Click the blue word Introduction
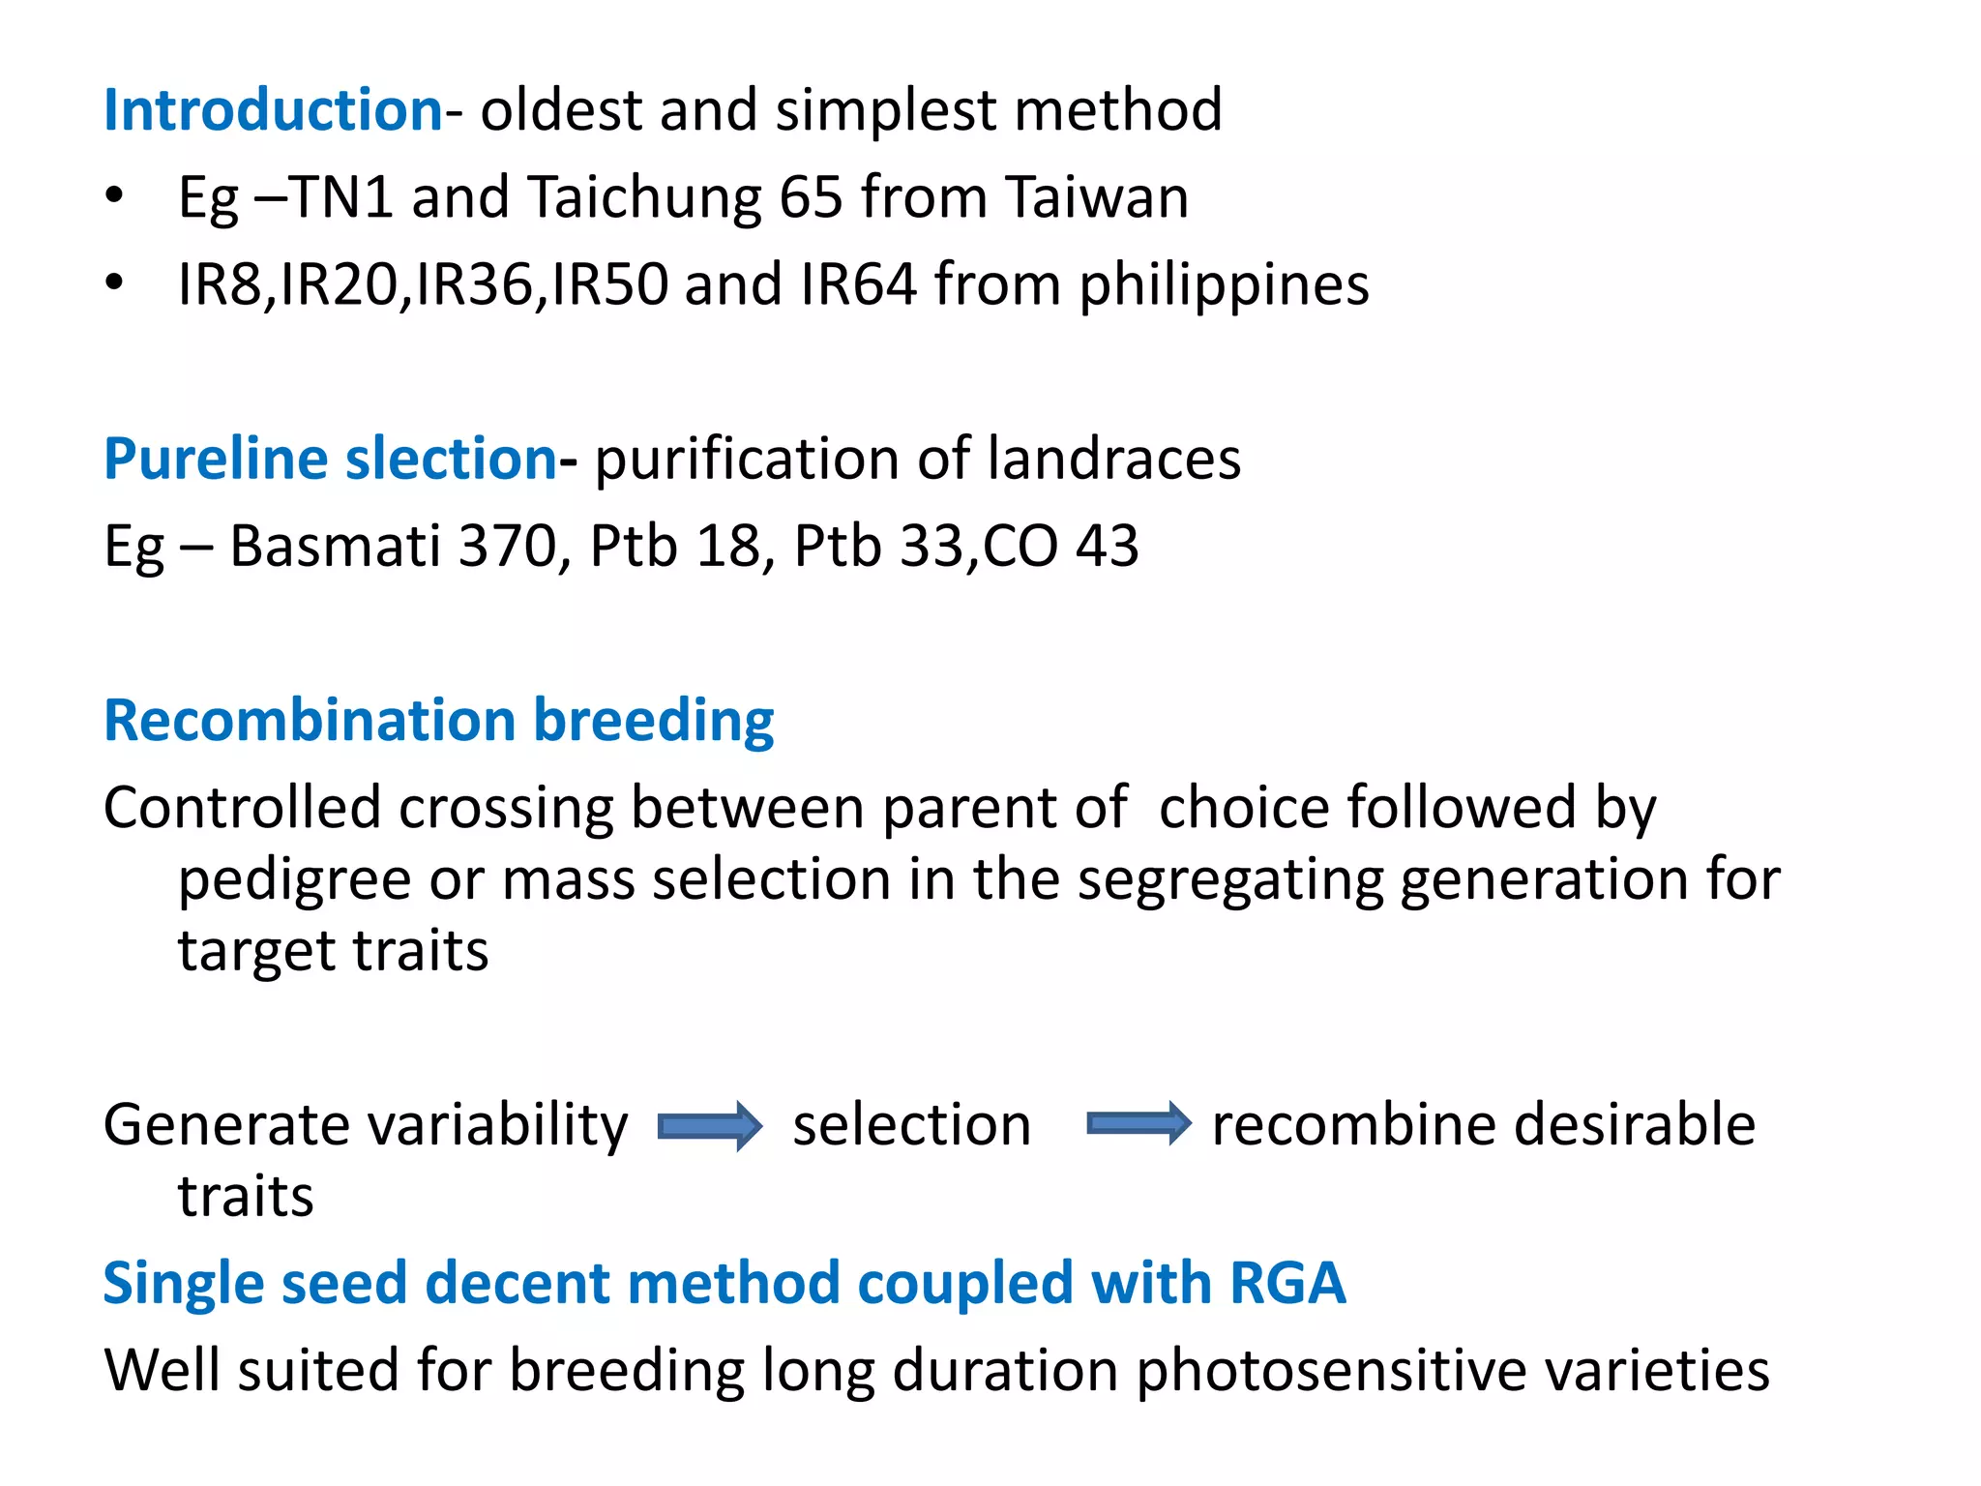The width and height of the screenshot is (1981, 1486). point(273,109)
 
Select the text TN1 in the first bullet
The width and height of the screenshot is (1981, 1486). point(341,197)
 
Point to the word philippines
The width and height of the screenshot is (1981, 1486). point(1224,285)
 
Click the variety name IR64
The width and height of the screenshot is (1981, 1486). point(858,284)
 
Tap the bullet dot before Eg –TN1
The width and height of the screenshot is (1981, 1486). point(115,196)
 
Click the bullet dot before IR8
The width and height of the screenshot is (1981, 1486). point(115,284)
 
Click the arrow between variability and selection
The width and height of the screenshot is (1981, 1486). point(710,1126)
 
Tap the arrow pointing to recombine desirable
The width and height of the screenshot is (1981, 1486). point(1138,1124)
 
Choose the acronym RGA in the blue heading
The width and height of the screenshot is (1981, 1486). point(1287,1284)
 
